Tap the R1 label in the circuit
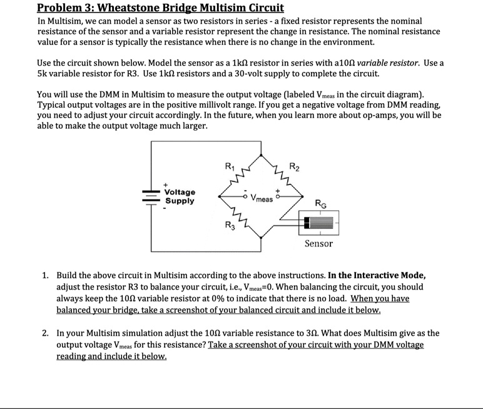click(230, 167)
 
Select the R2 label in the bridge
click(295, 166)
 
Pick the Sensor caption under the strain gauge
click(318, 243)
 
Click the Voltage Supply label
click(180, 196)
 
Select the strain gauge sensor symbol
click(319, 221)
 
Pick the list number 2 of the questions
click(46, 333)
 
